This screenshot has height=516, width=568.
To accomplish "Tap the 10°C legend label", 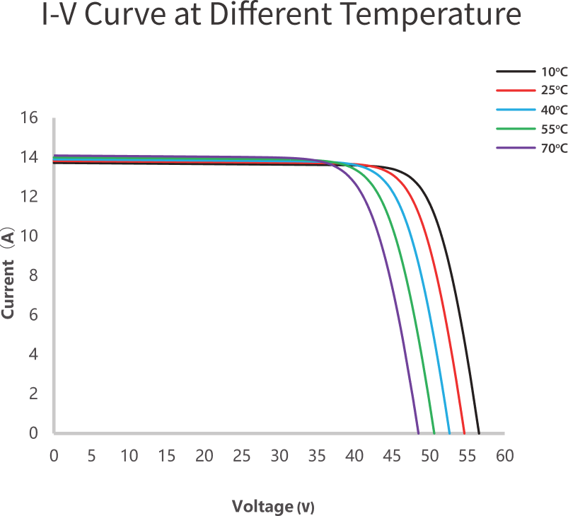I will click(555, 72).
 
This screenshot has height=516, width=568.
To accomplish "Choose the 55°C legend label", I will click(555, 129).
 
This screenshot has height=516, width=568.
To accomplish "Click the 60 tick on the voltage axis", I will click(504, 456).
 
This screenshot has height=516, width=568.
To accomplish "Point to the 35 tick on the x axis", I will click(317, 456).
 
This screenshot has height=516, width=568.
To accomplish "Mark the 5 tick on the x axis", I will click(91, 456).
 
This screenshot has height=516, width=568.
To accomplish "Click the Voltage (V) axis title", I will click(272, 506).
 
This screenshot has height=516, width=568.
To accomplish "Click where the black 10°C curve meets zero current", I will click(479, 432).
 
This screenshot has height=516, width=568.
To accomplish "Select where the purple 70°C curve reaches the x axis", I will click(418, 432).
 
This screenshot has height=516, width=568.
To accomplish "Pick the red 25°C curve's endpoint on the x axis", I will click(464, 432).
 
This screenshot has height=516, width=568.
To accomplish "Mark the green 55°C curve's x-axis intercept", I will click(434, 432).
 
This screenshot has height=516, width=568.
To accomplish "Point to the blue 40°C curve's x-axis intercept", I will click(449, 432).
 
